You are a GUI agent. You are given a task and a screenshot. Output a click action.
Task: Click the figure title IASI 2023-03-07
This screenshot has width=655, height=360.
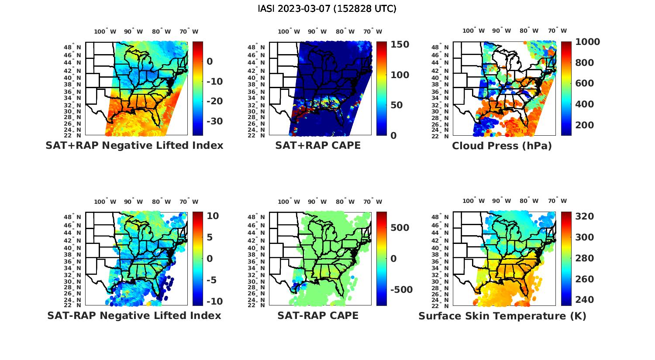327,9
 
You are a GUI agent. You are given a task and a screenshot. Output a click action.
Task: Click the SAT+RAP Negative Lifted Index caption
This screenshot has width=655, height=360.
134,146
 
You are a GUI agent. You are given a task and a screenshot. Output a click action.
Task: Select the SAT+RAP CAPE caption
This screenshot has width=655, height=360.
318,146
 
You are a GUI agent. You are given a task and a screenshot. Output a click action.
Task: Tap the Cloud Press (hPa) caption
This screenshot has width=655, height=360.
502,146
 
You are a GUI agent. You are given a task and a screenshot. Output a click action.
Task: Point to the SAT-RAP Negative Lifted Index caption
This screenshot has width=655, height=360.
134,315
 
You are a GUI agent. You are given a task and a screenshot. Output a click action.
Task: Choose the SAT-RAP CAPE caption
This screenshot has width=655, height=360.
318,315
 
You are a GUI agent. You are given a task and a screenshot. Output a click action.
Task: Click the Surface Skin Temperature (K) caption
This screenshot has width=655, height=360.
502,316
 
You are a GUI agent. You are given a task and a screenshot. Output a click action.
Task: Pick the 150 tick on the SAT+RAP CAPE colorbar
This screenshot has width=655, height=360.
400,45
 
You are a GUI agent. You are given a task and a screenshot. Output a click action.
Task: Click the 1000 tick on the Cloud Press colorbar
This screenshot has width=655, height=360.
587,42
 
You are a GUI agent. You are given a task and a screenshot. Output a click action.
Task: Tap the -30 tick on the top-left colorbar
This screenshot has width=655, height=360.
214,121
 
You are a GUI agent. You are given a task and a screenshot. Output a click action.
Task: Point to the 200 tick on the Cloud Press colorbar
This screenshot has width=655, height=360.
585,125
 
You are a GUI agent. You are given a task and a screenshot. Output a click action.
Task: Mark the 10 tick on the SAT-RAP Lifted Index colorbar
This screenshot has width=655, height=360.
213,216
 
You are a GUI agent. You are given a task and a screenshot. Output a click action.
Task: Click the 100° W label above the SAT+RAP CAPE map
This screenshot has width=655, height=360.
289,31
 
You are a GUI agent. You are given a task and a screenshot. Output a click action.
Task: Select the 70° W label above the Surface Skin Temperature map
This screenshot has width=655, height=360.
557,201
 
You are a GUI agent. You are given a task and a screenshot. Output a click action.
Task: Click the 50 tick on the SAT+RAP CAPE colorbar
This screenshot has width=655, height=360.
396,105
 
